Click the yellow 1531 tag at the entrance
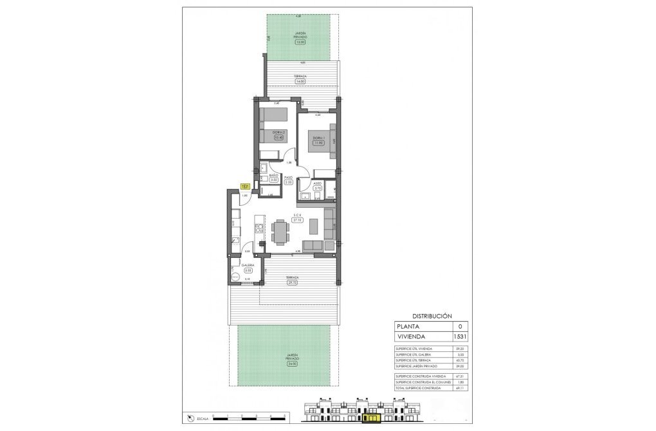tap(244, 187)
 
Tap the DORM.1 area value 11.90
tap(317, 143)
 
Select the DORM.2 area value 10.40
tap(278, 137)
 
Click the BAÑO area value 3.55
tap(273, 181)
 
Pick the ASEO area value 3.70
tap(317, 188)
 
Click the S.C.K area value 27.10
tap(298, 219)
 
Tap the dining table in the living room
tap(281, 232)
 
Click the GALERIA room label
tap(248, 265)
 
